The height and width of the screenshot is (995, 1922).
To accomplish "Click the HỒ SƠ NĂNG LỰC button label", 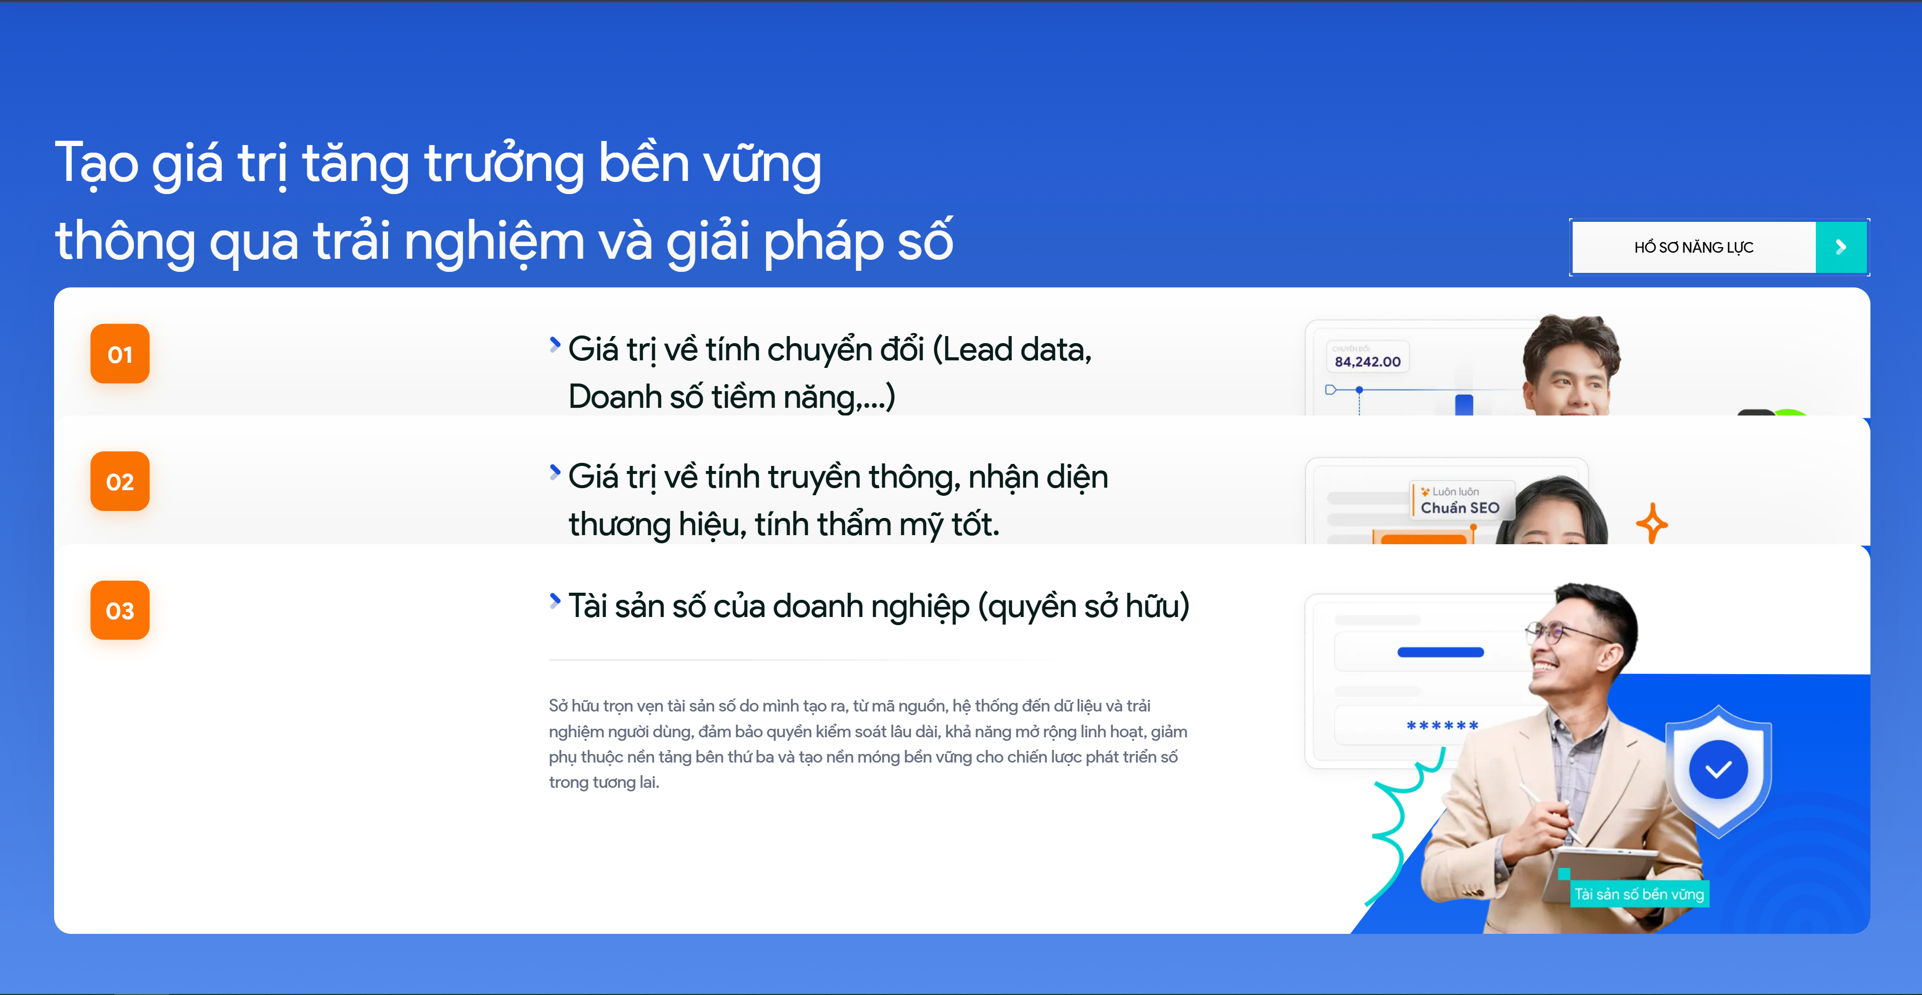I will click(x=1693, y=247).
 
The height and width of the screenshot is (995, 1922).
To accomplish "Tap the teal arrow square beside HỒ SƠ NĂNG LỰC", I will click(x=1841, y=247).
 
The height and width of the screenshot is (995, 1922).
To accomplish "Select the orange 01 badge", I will click(x=120, y=354).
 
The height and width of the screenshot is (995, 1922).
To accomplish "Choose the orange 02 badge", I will click(x=120, y=482).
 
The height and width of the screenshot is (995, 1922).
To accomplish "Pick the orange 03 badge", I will click(x=120, y=610).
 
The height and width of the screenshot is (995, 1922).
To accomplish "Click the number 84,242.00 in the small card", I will click(x=1367, y=362).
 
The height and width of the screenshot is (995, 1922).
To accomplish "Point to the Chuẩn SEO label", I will click(x=1459, y=508).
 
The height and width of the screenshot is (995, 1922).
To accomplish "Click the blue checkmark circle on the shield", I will click(x=1718, y=769).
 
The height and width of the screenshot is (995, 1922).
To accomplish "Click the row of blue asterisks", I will click(x=1442, y=726).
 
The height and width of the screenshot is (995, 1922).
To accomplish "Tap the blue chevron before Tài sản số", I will click(x=555, y=600).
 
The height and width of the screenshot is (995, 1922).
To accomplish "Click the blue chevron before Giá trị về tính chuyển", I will click(x=555, y=345).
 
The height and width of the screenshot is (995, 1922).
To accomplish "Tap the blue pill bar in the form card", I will click(x=1440, y=652).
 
